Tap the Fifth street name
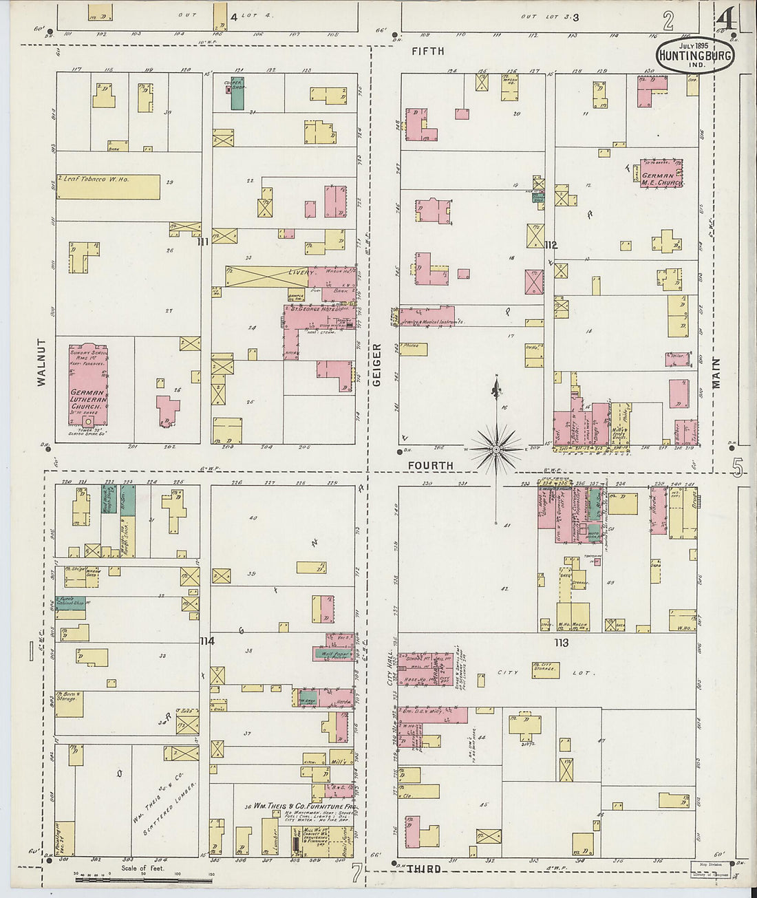(427, 51)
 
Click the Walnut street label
(41, 361)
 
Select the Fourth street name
(431, 465)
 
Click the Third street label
(424, 869)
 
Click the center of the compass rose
(495, 449)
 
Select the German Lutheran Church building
(87, 387)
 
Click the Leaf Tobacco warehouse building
(108, 186)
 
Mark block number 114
(206, 641)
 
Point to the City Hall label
(390, 668)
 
